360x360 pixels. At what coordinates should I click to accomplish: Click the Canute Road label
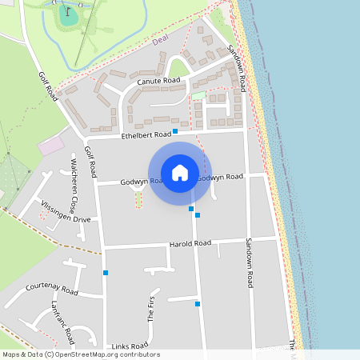[x=158, y=82]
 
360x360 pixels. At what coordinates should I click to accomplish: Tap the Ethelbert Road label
[x=146, y=135]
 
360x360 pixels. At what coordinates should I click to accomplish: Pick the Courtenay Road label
[x=51, y=286]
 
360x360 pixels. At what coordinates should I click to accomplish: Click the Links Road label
[x=130, y=345]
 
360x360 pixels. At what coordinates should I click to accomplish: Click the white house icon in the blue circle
[x=180, y=172]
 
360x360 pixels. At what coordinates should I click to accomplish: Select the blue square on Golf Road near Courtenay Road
[x=105, y=273]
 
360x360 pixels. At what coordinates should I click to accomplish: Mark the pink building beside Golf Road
[x=50, y=146]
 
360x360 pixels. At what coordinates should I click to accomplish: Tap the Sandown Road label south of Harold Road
[x=250, y=262]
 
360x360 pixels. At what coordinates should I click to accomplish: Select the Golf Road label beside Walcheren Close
[x=91, y=163]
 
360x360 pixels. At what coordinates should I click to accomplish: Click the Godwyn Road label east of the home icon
[x=220, y=177]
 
